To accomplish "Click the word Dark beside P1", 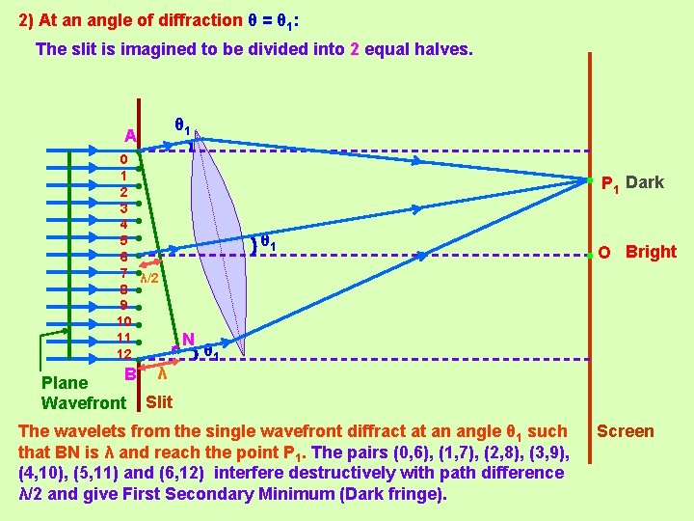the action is point(644,182).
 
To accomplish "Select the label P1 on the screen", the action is point(609,183).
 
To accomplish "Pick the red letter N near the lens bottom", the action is point(188,340).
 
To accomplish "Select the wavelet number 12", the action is point(123,354).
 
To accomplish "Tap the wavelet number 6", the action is point(123,257).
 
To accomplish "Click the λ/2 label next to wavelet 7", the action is point(149,278).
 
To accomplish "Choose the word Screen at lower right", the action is point(625,431).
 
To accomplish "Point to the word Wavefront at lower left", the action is point(84,402).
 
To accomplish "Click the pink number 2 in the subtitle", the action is point(355,48).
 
